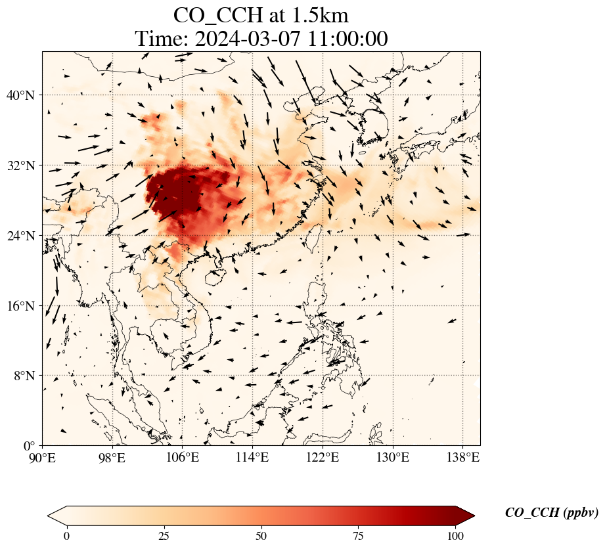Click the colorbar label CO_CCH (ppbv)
click(551, 513)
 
